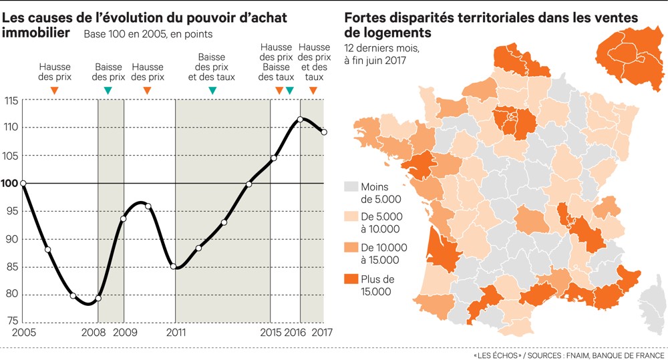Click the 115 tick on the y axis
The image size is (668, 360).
pos(11,101)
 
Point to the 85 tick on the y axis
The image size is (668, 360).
pos(11,267)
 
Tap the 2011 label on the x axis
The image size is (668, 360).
pos(176,333)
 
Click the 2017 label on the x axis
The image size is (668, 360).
pos(323,333)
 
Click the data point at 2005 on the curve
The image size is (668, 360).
pos(23,183)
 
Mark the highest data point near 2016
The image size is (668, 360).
pos(300,120)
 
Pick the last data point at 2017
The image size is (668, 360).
pos(324,132)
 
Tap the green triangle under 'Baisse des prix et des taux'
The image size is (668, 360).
pos(212,90)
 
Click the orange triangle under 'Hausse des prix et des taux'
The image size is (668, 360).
pos(313,90)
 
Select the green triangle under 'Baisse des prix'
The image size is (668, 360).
pos(108,90)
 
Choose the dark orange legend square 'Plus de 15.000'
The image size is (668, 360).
pos(349,279)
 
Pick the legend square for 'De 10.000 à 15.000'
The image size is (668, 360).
pos(349,248)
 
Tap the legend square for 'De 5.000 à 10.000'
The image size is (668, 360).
pos(349,217)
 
